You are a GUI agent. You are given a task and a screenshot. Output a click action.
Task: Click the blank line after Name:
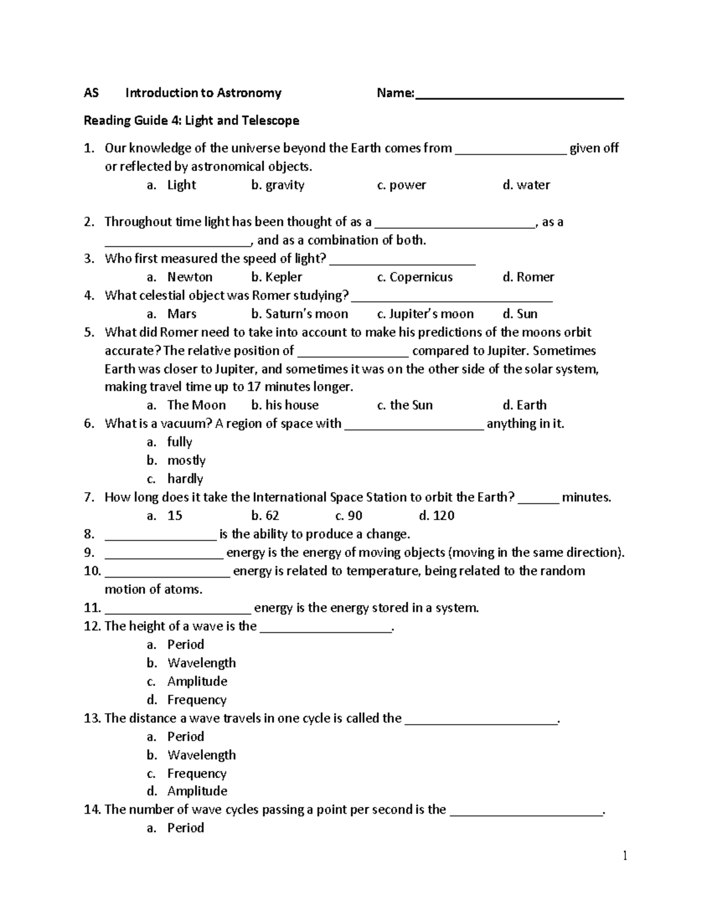(519, 96)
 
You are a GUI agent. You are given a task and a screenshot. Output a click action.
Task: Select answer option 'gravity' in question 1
(284, 185)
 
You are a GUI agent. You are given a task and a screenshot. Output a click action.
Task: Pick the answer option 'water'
(533, 185)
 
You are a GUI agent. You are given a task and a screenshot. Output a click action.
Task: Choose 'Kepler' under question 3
(283, 277)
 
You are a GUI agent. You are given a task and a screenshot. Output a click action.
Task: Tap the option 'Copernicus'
(421, 277)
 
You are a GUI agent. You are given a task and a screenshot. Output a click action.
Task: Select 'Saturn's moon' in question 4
(306, 314)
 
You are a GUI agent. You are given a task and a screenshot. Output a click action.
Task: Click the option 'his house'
(291, 405)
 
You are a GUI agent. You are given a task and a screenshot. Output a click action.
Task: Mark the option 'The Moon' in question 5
(196, 405)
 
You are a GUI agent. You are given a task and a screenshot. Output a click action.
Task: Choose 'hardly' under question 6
(185, 479)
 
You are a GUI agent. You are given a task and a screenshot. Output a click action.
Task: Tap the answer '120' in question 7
(443, 515)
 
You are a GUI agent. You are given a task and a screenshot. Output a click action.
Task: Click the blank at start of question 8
(161, 537)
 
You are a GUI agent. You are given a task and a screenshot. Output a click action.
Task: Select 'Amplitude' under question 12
(197, 681)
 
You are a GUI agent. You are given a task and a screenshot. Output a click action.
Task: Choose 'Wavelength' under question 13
(201, 755)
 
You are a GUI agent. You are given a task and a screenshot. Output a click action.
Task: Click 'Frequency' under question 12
(196, 700)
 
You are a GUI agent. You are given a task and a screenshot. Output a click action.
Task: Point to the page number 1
(625, 855)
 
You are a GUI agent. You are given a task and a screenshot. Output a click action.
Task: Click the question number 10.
(92, 571)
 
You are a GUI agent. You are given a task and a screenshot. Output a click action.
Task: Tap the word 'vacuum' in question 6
(178, 423)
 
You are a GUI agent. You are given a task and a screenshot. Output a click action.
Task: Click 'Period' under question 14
(185, 828)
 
